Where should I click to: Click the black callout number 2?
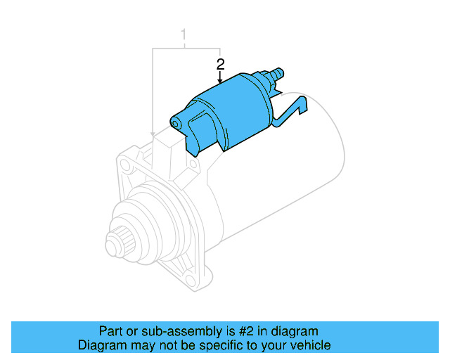pos(220,64)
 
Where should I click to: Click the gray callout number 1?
pos(184,34)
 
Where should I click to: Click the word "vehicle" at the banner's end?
pos(310,345)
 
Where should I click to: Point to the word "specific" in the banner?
pos(213,345)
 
